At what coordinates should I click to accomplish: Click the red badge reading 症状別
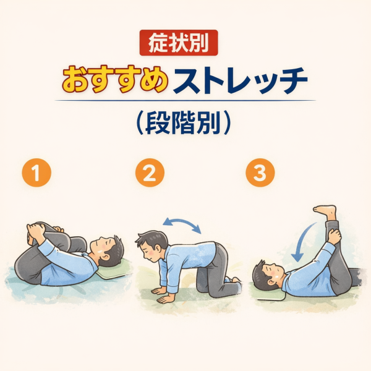click(x=179, y=43)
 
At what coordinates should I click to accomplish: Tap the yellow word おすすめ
click(x=115, y=79)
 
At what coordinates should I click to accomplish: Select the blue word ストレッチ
click(x=240, y=80)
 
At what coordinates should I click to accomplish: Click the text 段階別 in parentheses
click(x=184, y=122)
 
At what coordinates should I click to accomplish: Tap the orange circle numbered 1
click(x=36, y=173)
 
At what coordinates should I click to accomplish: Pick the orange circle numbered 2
click(x=150, y=173)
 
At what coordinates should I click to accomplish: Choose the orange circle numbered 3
click(x=260, y=173)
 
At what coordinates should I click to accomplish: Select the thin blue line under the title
click(x=185, y=100)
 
